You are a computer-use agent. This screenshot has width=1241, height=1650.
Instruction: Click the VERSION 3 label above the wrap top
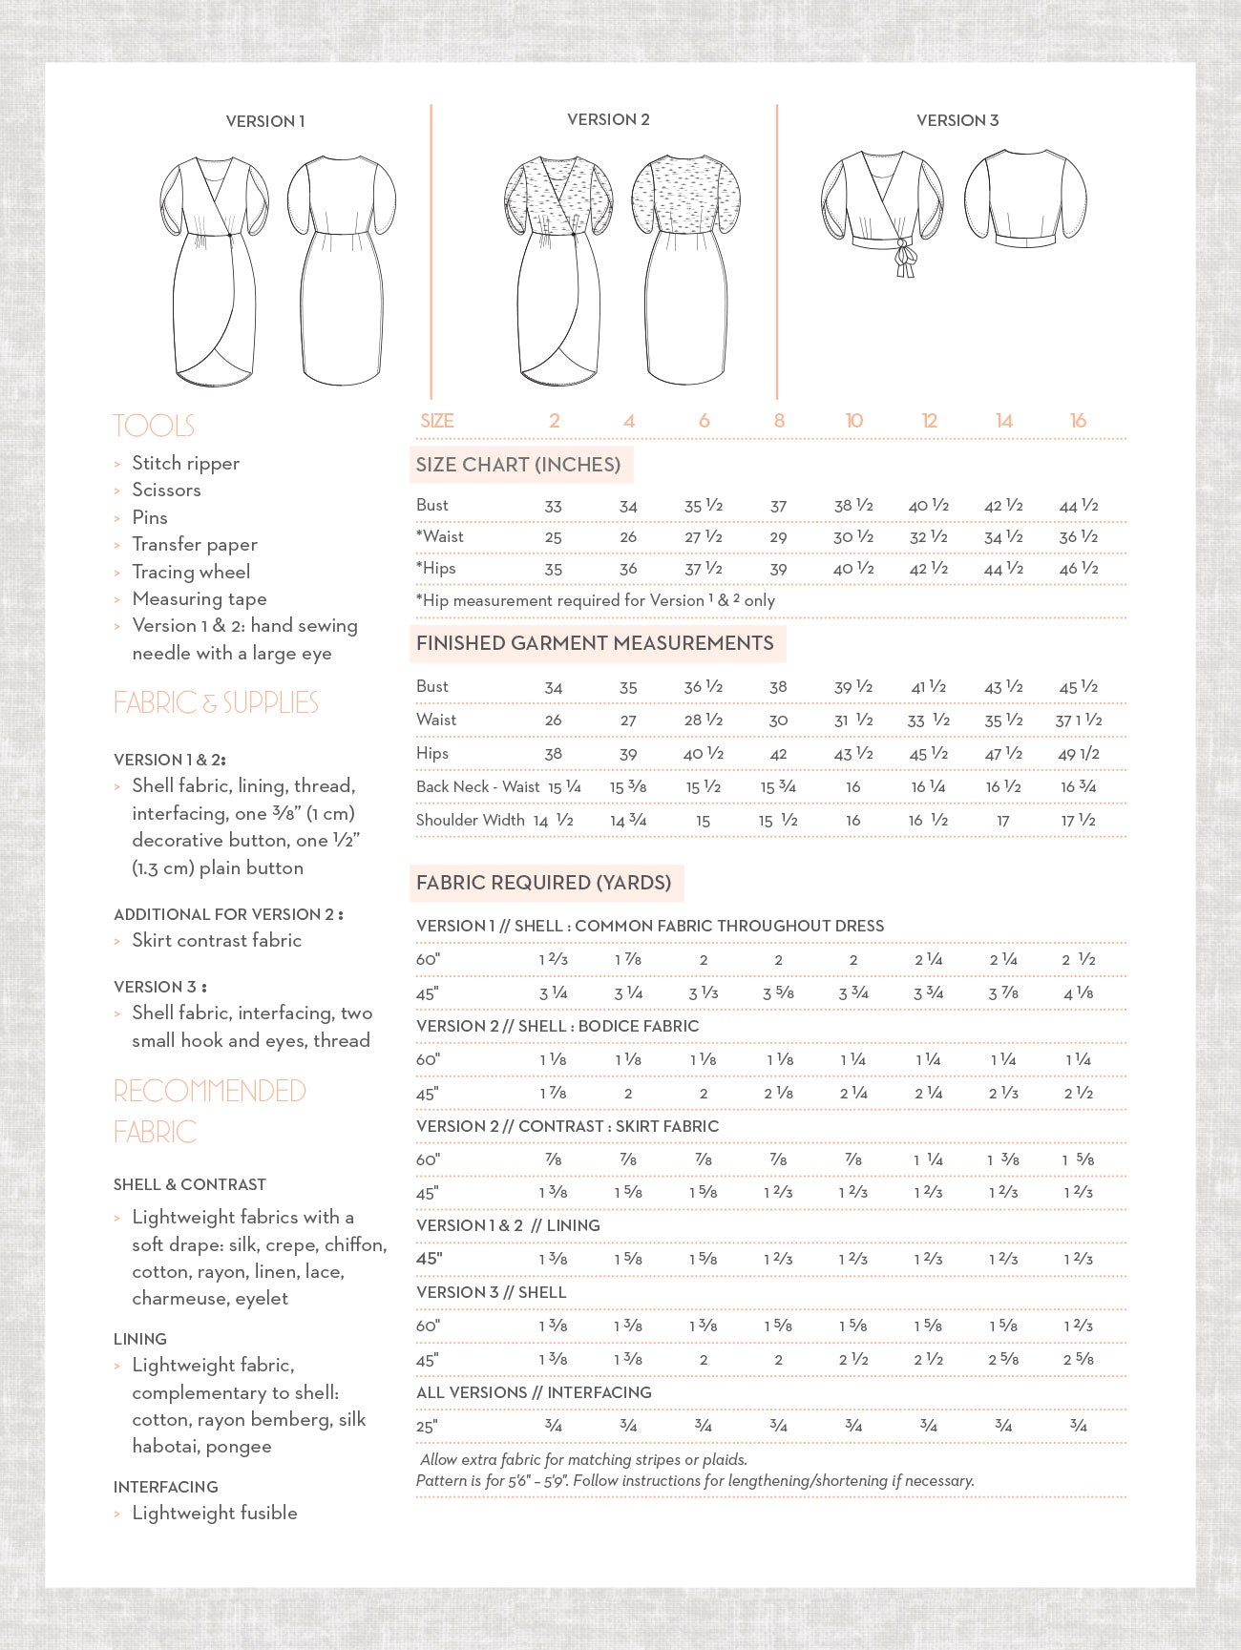(957, 120)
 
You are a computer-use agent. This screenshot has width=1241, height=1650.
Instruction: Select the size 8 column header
(779, 421)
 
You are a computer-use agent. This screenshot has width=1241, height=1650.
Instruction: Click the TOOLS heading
(154, 426)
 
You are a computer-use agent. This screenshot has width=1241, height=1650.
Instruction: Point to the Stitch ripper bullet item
(185, 463)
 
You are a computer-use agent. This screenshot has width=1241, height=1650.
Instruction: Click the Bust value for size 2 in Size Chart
(553, 506)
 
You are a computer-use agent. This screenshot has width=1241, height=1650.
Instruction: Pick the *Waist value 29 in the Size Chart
(778, 537)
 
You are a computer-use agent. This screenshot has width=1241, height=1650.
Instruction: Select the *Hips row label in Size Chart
(436, 568)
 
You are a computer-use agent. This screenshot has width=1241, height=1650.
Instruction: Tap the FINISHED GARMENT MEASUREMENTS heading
(595, 643)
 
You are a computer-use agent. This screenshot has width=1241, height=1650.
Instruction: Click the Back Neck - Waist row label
(477, 786)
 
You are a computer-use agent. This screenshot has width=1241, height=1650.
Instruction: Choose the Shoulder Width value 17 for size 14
(1003, 821)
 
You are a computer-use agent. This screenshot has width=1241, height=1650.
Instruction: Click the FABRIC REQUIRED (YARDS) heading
(543, 883)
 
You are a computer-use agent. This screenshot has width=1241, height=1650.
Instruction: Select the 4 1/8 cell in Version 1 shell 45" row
(1078, 993)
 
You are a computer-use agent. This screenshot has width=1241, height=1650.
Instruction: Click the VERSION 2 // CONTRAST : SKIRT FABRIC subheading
(567, 1126)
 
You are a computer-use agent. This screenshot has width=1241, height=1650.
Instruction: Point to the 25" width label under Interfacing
(426, 1427)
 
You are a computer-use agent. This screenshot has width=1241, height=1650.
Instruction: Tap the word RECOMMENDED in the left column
(210, 1091)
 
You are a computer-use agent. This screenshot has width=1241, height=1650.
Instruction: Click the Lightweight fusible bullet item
(214, 1513)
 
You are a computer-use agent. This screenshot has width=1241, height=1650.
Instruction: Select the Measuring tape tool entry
(199, 598)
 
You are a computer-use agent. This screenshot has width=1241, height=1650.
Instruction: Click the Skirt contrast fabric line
(216, 940)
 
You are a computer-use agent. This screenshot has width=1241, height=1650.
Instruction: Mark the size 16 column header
(1078, 421)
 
